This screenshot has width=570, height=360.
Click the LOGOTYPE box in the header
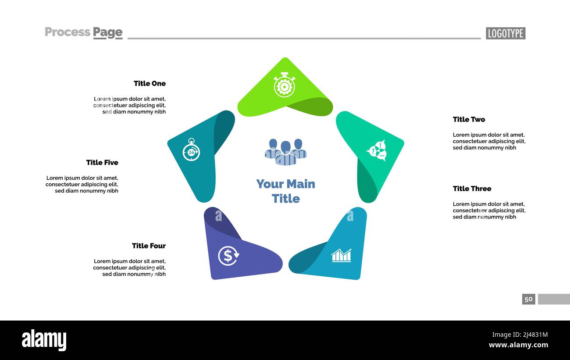point(505,33)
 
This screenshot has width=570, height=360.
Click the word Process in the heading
point(68,32)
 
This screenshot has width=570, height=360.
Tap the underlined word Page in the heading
point(107,32)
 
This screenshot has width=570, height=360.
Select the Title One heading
point(150,83)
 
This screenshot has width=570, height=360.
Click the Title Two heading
point(469,119)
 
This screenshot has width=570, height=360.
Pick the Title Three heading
point(472,189)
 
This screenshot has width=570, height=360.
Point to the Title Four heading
point(149,246)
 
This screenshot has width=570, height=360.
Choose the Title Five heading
point(102,162)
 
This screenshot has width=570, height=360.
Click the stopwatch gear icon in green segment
point(284,85)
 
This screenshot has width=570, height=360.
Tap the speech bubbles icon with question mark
point(377,151)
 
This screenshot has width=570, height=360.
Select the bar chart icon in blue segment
point(341,255)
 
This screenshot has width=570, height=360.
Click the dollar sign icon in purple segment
point(228,256)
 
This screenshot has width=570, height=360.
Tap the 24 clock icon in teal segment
point(191,150)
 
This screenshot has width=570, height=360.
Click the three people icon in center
point(285,152)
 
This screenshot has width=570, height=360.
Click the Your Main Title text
point(285,191)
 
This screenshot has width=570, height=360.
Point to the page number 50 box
point(528,299)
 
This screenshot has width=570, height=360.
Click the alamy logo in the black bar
point(44,340)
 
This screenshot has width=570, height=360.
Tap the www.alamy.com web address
point(518,345)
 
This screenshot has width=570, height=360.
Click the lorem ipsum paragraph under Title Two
point(489,141)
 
